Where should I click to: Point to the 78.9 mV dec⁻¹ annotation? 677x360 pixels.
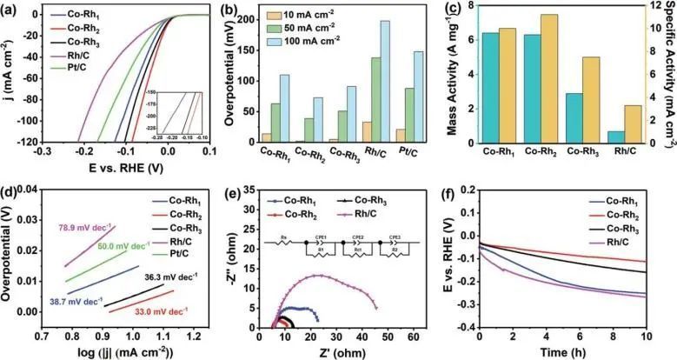click(83, 229)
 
